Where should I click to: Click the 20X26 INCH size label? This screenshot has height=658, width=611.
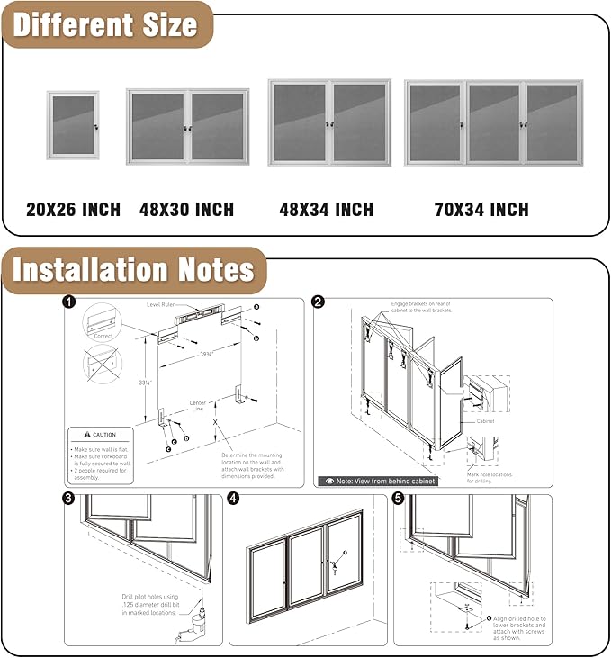(73, 210)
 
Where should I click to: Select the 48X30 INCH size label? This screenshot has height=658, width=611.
(186, 210)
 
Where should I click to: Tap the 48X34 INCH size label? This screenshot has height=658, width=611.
(326, 210)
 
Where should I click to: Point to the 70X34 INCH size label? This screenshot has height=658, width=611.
(481, 210)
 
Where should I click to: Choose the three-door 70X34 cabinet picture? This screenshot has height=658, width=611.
(493, 122)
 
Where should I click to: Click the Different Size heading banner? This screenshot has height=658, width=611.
(105, 24)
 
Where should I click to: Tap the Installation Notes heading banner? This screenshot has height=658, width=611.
(133, 270)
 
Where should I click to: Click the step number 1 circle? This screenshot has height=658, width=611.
(69, 302)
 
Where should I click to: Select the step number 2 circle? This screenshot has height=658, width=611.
(319, 303)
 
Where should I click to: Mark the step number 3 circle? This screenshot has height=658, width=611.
(69, 499)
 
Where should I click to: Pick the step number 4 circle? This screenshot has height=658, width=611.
(234, 499)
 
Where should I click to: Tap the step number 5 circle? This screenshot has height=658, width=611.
(399, 499)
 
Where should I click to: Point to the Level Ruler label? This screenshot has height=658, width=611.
(165, 305)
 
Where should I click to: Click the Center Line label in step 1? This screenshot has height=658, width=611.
(197, 406)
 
